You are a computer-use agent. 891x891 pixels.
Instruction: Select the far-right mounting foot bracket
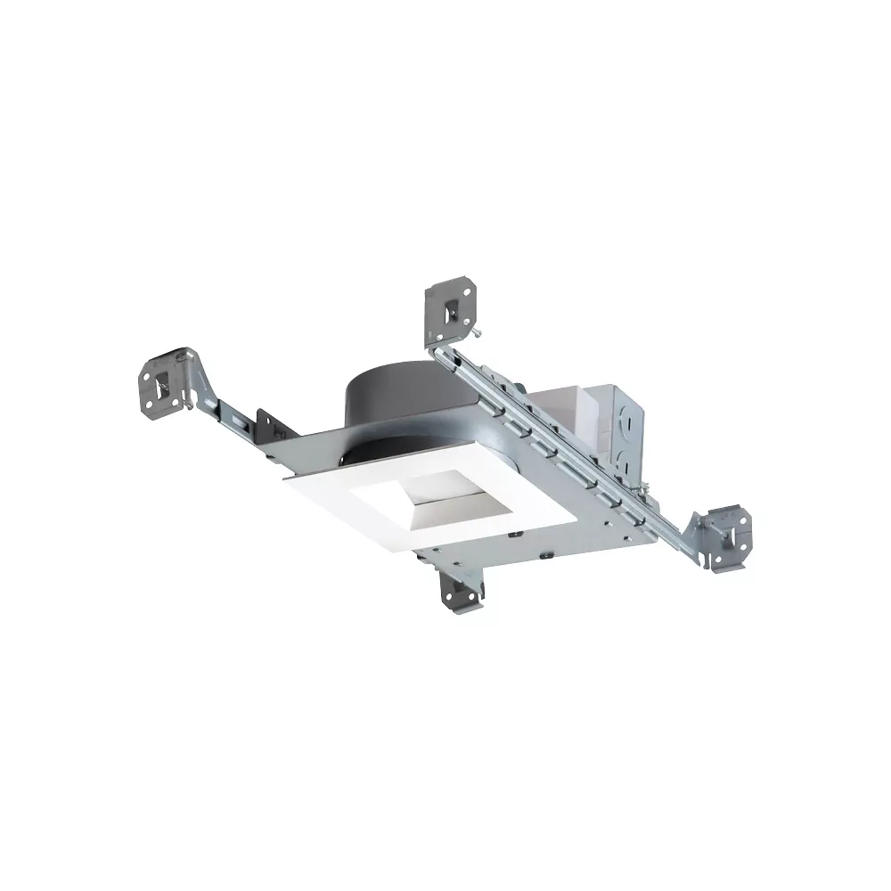click(x=725, y=533)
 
